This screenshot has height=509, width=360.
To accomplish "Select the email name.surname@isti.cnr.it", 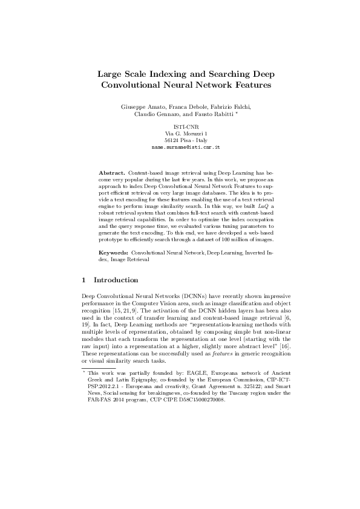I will (185, 147).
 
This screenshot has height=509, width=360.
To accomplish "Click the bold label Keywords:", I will (113, 250).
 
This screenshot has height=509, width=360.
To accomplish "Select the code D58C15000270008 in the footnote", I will (195, 400).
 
